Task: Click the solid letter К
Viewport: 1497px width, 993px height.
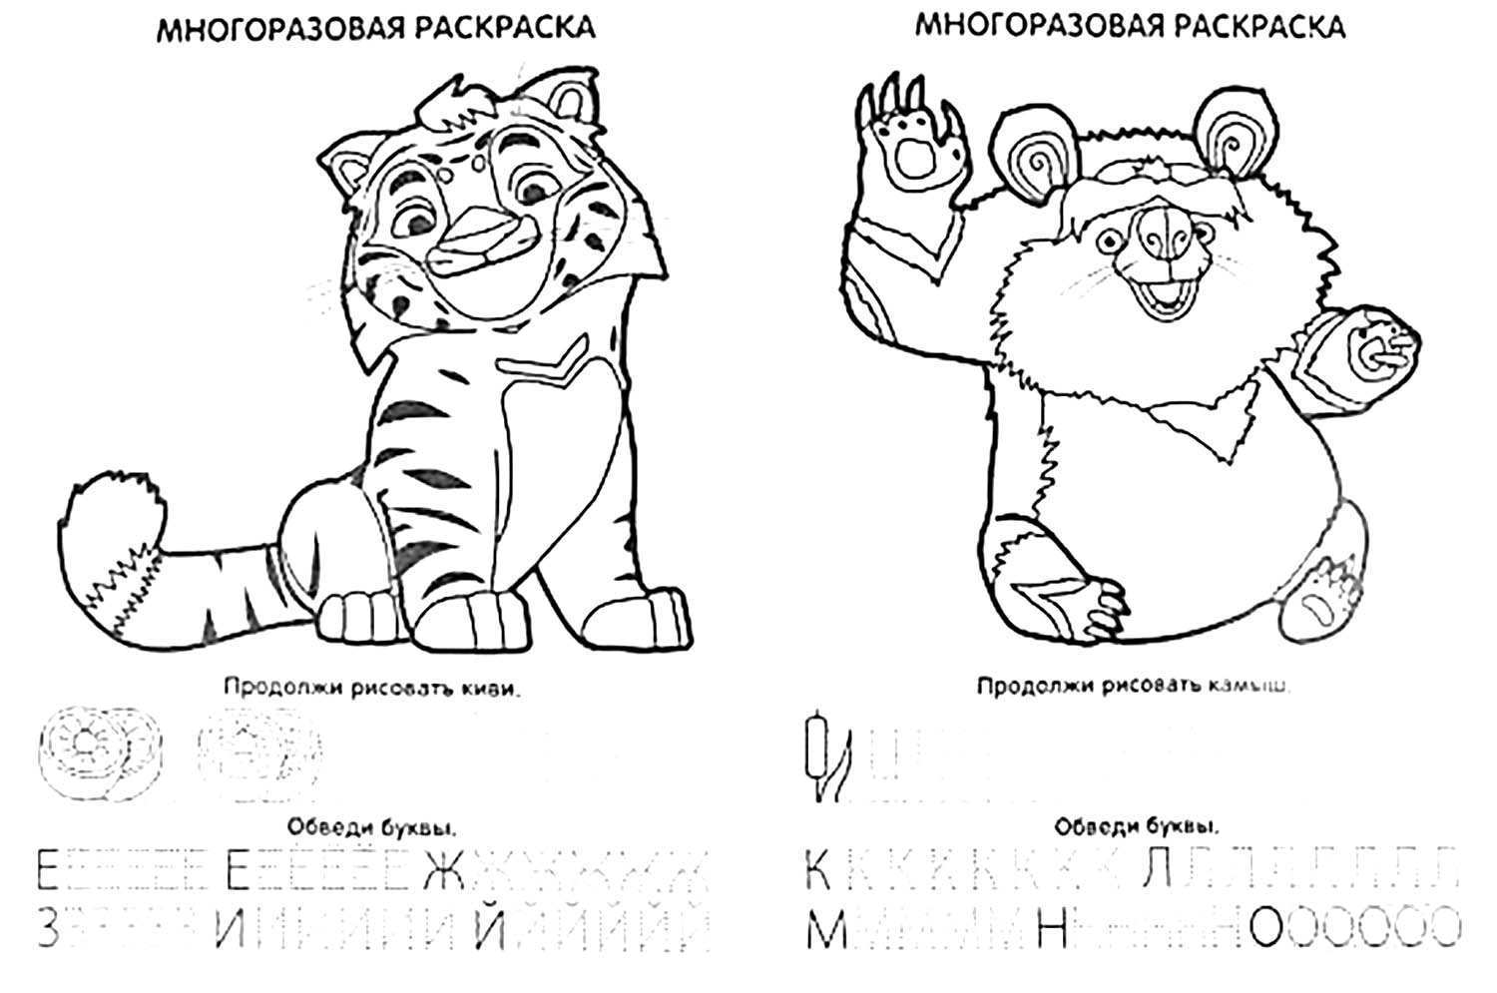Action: pos(817,870)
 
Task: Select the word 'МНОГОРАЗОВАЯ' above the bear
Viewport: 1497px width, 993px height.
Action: pos(1028,25)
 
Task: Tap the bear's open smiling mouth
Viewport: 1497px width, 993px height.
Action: pos(1163,296)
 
